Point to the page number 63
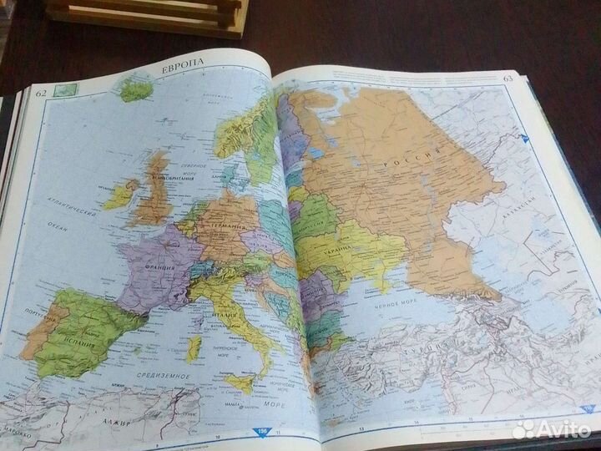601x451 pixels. (x=508, y=79)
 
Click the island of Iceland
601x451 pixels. (x=134, y=89)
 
